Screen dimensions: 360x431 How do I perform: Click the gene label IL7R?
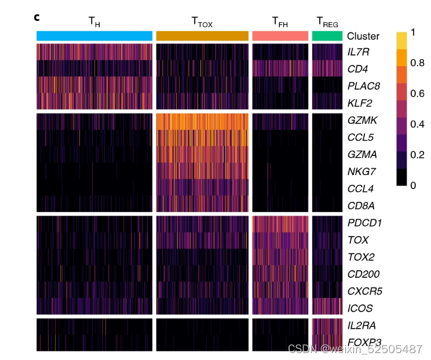[x=359, y=52]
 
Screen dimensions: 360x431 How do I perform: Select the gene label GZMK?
[x=362, y=121]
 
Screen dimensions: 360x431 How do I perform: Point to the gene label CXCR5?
[x=364, y=290]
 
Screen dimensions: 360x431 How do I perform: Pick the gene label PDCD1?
[x=363, y=223]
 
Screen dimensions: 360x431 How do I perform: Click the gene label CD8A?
[x=361, y=205]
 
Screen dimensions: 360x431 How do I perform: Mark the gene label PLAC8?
[x=363, y=86]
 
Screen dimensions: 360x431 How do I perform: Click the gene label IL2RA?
[x=361, y=325]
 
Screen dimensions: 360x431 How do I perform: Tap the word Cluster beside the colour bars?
[x=363, y=36]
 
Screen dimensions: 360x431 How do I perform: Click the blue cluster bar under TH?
[x=94, y=36]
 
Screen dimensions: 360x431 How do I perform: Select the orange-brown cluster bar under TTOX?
[x=202, y=36]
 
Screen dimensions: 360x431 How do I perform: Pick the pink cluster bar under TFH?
[x=280, y=36]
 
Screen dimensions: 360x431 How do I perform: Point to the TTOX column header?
[x=203, y=22]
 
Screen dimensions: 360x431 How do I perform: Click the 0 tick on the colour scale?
[x=414, y=186]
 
